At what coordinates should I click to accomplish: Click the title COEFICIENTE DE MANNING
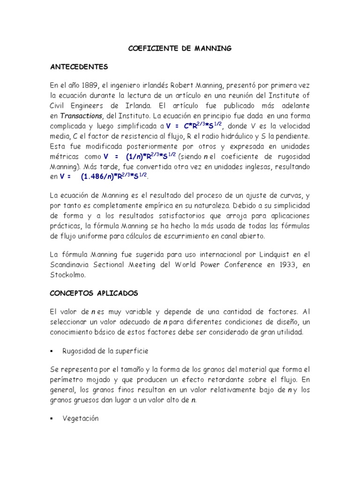point(180,48)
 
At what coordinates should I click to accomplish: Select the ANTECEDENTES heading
point(79,66)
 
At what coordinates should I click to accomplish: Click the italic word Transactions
point(80,115)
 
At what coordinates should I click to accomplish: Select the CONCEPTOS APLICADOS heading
point(94,293)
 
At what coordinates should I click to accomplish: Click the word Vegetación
point(81,419)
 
